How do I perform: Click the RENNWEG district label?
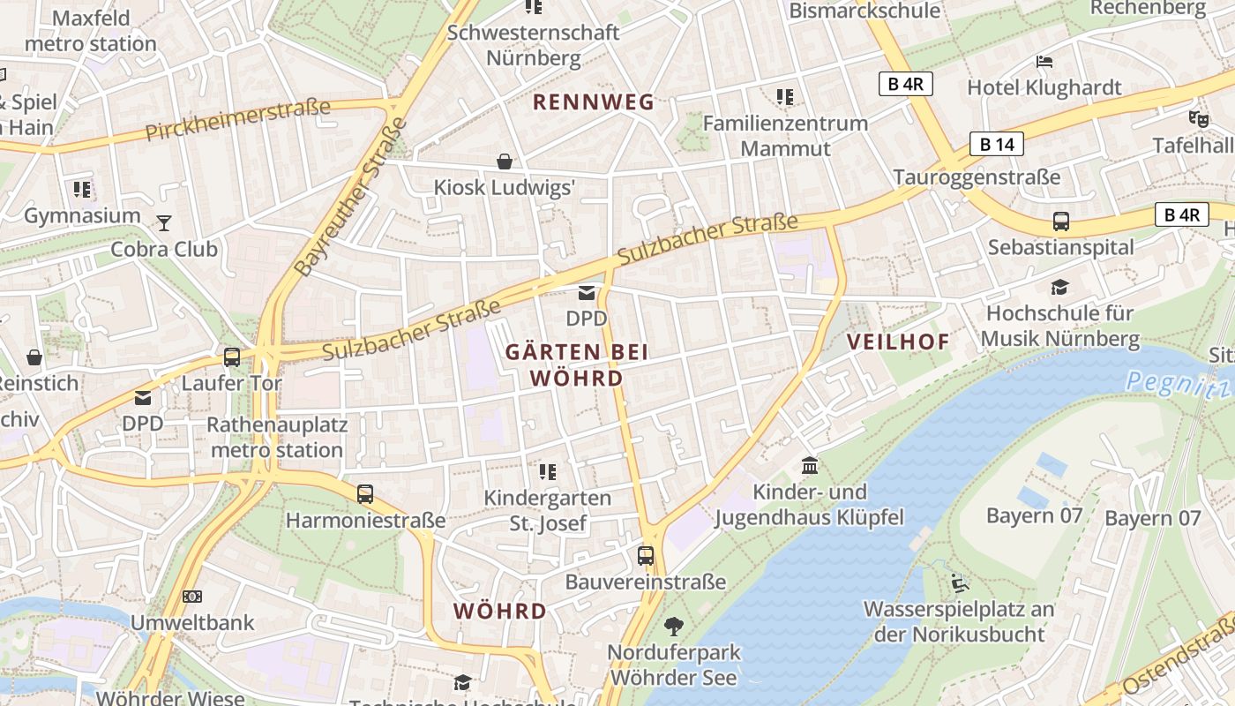point(594,102)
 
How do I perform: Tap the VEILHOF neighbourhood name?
point(899,342)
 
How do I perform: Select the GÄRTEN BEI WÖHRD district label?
point(577,365)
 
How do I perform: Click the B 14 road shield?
point(997,145)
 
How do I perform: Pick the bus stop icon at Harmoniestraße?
point(365,494)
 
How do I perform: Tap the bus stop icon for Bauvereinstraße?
point(646,556)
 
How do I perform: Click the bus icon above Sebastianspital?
point(1060,222)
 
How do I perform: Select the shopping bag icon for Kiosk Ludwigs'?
point(505,161)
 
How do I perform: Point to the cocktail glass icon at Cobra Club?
point(164,222)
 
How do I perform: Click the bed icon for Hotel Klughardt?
point(1044,62)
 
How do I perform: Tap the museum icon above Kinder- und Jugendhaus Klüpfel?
point(809,465)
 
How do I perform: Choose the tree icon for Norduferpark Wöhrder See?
point(674,627)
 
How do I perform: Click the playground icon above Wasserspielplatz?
point(959,582)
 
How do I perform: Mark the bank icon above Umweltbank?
point(191,597)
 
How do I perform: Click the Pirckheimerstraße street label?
point(238,120)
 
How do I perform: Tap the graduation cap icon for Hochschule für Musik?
point(1059,287)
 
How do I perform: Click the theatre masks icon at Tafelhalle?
point(1197,118)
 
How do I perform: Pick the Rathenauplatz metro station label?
point(277,437)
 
